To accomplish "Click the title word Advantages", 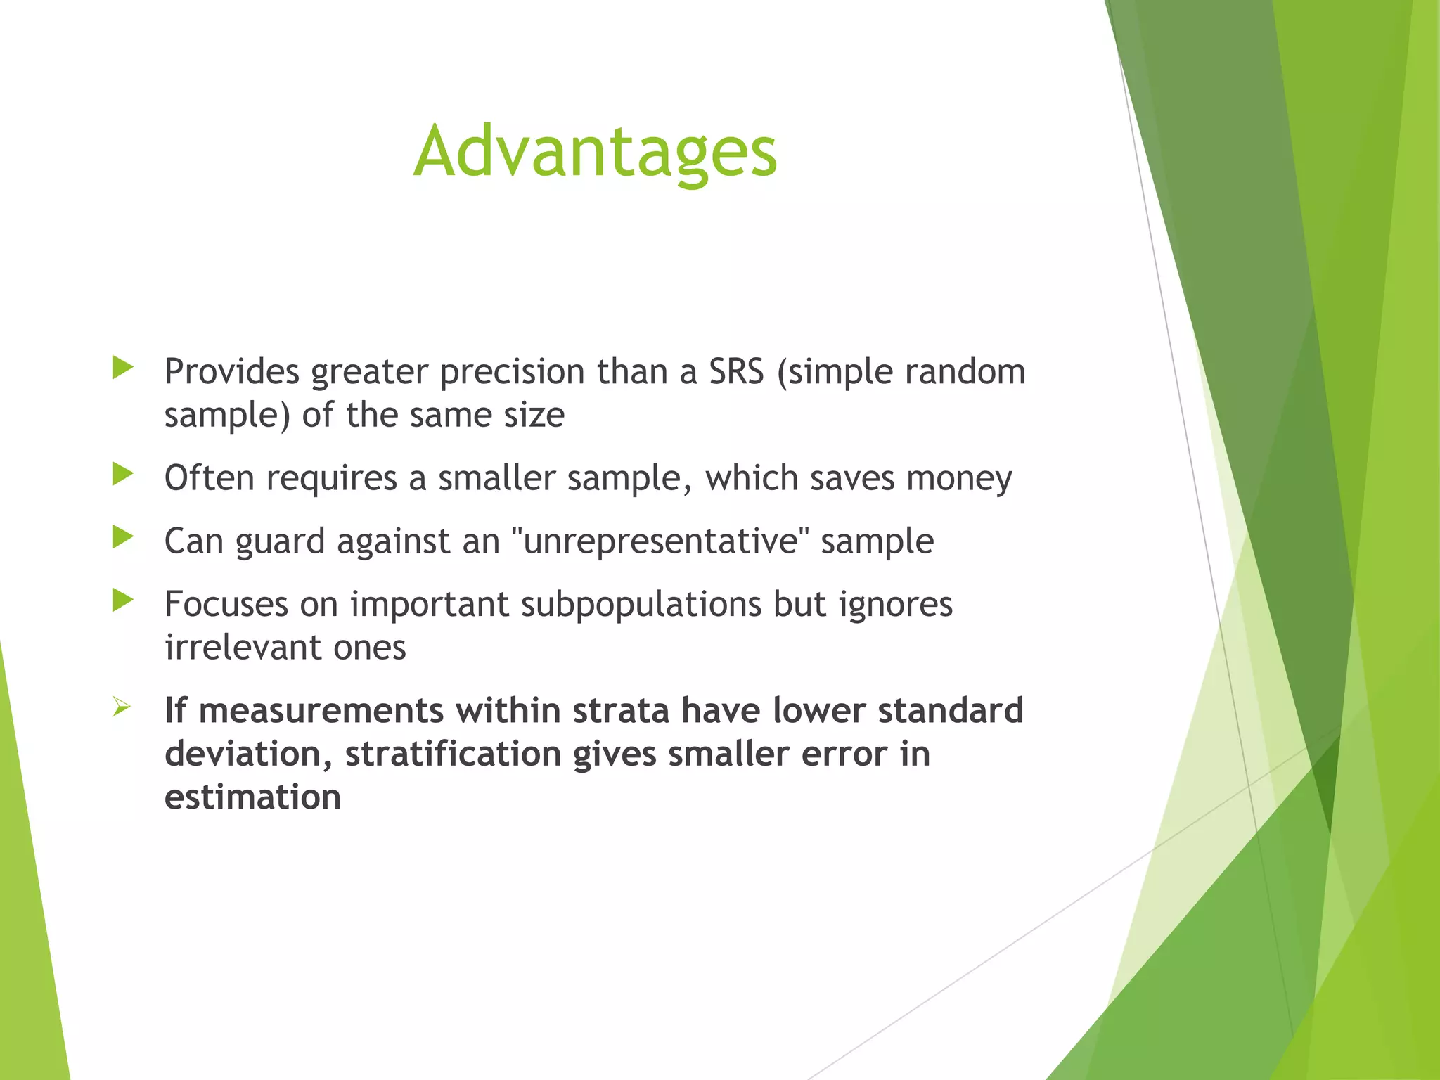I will click(x=595, y=152).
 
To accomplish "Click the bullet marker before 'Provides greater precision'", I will click(x=123, y=368).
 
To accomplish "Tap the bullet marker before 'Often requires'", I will click(x=123, y=475).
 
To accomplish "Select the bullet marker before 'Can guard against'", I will click(x=123, y=538).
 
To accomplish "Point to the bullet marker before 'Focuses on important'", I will click(x=123, y=600).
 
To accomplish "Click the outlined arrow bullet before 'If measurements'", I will click(x=122, y=707).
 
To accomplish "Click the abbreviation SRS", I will click(x=735, y=371).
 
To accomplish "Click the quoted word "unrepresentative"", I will click(x=660, y=541).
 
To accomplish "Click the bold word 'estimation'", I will click(x=252, y=797).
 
